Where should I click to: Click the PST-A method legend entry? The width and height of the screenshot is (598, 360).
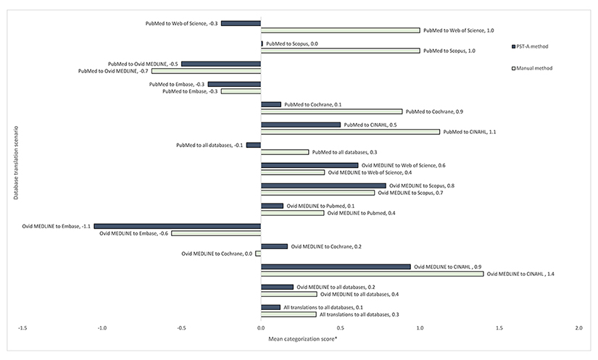[532, 47]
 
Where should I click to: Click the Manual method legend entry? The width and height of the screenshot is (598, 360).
[534, 68]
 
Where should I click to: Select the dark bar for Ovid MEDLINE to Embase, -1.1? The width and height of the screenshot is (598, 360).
[177, 226]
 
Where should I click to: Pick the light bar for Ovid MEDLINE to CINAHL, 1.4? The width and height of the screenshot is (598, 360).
[372, 274]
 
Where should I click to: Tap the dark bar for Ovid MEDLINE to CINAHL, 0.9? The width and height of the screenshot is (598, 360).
[336, 267]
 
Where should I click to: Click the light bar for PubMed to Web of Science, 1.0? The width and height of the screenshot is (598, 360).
[340, 30]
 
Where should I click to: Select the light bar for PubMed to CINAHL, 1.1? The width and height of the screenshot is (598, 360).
[350, 132]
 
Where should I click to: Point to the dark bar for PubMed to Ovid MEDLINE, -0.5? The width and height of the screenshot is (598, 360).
[221, 64]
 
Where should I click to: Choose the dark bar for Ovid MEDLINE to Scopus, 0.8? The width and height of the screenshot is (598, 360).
[323, 185]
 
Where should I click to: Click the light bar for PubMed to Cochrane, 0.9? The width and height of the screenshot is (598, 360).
[331, 112]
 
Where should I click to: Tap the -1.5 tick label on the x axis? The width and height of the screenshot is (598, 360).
[22, 329]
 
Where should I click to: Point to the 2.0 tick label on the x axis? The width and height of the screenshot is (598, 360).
[578, 329]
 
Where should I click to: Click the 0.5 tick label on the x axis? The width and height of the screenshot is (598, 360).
[420, 329]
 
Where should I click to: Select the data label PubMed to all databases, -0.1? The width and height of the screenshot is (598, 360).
[209, 146]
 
